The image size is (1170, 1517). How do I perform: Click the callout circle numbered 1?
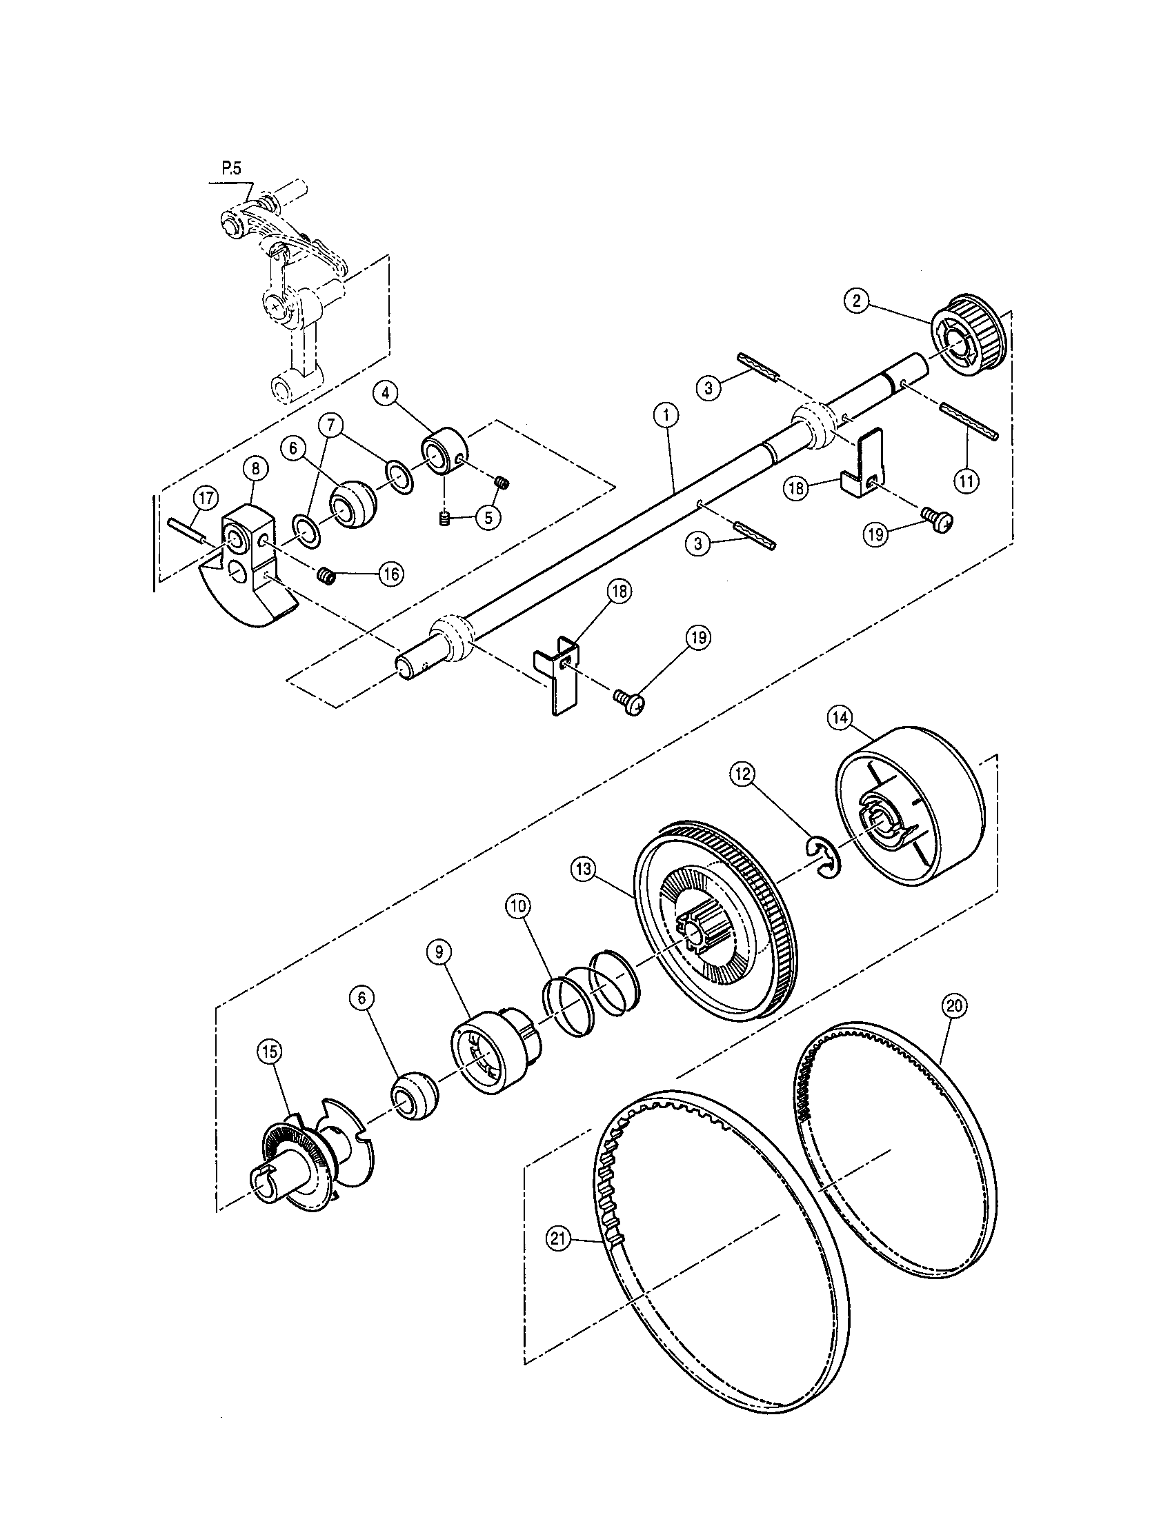click(x=666, y=416)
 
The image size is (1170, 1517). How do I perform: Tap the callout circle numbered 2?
click(x=856, y=300)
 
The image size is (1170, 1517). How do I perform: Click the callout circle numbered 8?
click(x=255, y=469)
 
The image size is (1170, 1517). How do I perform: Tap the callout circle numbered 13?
click(x=583, y=869)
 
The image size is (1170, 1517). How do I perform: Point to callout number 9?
click(x=439, y=952)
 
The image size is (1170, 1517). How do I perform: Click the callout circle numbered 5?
click(x=489, y=517)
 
